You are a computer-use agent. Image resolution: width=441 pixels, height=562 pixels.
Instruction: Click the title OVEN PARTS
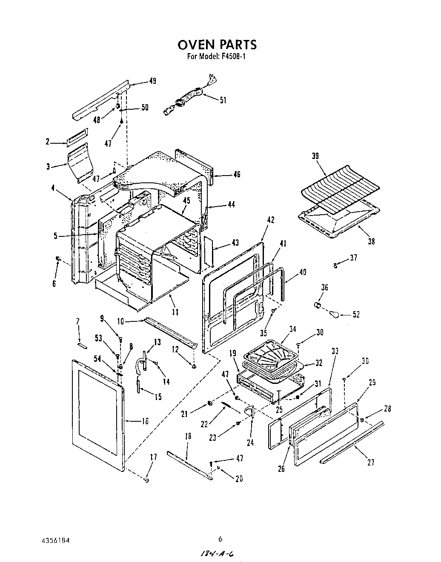tap(217, 44)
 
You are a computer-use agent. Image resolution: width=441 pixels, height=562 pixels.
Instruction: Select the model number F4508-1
tap(232, 56)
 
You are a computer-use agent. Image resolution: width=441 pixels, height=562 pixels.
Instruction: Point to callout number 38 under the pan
tap(371, 241)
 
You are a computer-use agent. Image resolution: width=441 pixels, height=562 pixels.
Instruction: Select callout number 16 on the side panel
tap(145, 421)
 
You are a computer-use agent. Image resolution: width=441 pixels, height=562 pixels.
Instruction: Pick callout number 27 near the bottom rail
tap(370, 463)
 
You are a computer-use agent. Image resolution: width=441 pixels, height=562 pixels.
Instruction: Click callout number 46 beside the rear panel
tap(237, 174)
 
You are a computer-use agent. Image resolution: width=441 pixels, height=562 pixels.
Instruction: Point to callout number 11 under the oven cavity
tap(175, 312)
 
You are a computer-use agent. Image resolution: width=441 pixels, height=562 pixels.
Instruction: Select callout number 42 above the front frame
tap(270, 220)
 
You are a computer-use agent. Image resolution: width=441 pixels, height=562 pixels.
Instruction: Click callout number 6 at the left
tap(54, 284)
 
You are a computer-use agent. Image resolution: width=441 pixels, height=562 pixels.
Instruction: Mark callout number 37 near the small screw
tap(353, 258)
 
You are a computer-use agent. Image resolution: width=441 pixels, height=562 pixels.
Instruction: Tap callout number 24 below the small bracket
tap(250, 443)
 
